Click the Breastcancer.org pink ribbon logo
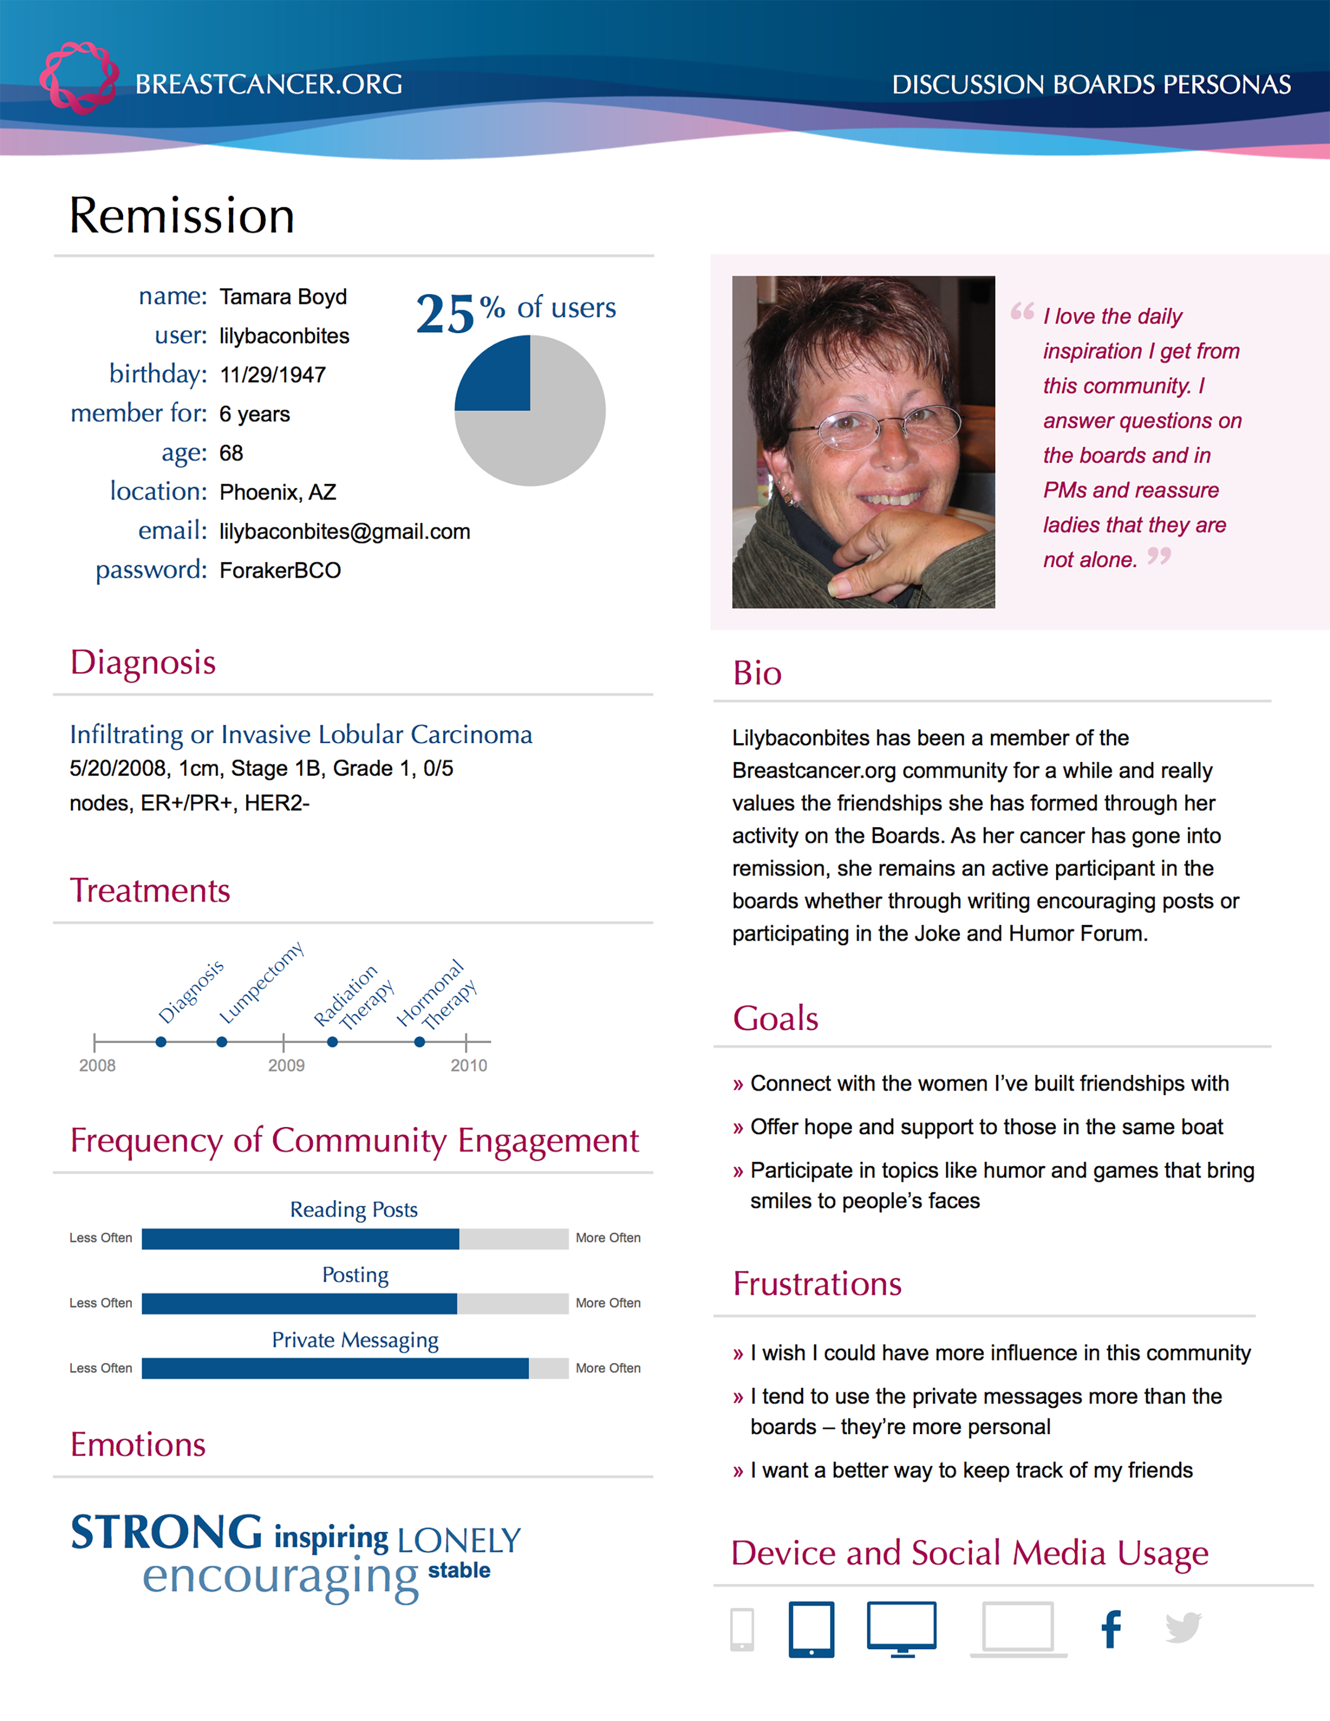(79, 77)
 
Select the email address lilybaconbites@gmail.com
(344, 532)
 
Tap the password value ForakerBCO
(280, 571)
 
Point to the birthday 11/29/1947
(273, 375)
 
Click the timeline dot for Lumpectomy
(222, 1042)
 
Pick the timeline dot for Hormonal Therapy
(420, 1042)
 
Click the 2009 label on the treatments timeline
(286, 1065)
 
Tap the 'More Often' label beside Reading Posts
(608, 1238)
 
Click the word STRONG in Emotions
(166, 1533)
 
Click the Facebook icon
(1111, 1630)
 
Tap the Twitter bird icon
(1183, 1628)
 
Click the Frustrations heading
(817, 1283)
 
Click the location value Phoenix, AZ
(277, 492)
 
